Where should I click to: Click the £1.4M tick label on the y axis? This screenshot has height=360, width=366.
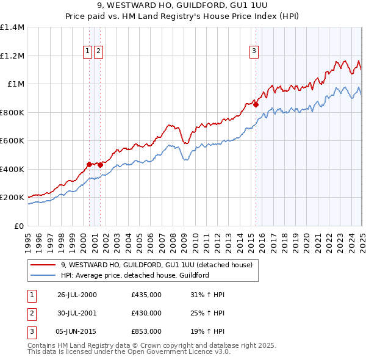[12, 27]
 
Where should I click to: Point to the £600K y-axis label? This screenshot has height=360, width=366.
[12, 140]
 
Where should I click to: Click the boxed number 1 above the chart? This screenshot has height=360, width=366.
[88, 52]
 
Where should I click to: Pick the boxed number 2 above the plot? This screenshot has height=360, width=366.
[98, 52]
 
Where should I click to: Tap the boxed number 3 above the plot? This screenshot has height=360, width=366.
[253, 52]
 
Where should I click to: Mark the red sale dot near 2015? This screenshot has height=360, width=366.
[256, 104]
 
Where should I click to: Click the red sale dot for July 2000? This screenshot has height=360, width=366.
[89, 164]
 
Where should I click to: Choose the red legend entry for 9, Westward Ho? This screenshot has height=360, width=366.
[144, 265]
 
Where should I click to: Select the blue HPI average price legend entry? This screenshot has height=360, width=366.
[135, 275]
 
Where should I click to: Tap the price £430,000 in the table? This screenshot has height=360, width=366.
[146, 313]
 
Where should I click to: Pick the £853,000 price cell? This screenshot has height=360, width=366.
[146, 331]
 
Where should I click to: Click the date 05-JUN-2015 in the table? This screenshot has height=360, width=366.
[77, 331]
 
